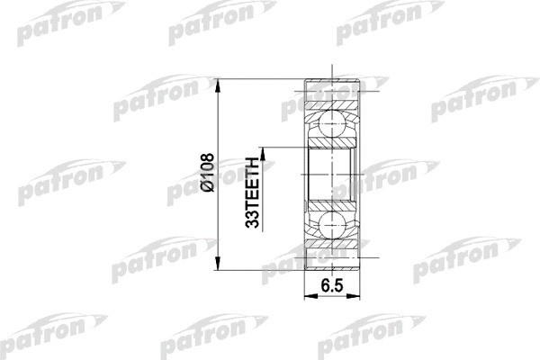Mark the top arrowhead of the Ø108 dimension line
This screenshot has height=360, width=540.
point(219,83)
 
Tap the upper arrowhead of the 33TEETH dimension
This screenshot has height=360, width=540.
point(264,148)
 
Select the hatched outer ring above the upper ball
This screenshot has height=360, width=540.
point(333,93)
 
